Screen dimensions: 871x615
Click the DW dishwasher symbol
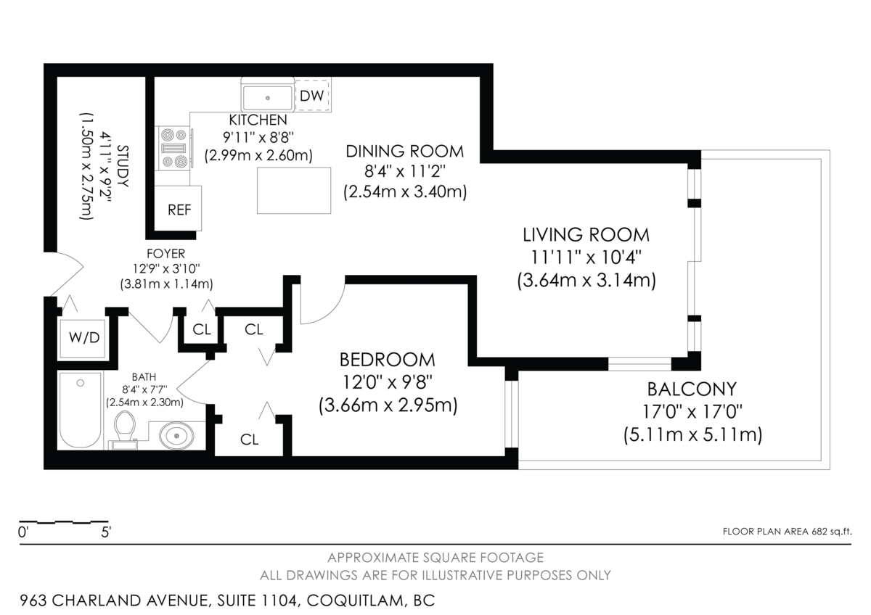tap(312, 96)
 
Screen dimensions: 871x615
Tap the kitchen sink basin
tap(268, 98)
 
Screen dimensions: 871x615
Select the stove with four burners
tap(173, 148)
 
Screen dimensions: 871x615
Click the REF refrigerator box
tap(178, 208)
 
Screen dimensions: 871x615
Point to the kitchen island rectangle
tap(294, 190)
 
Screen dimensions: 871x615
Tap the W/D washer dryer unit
tap(83, 339)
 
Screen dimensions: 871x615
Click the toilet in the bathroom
tap(125, 429)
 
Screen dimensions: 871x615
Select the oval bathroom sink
tap(176, 436)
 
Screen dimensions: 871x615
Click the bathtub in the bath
tap(81, 410)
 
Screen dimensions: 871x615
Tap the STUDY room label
tap(123, 166)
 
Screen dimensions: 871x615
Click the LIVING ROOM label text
tap(586, 235)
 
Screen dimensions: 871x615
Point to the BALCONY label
tap(692, 389)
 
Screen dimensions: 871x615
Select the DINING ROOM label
tap(405, 152)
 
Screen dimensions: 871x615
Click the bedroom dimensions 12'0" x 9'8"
tap(388, 383)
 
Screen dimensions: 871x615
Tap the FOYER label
tap(165, 254)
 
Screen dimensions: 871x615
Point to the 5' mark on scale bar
tap(106, 532)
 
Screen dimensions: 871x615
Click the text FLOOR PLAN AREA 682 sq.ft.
tap(787, 532)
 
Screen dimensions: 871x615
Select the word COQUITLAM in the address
tap(355, 600)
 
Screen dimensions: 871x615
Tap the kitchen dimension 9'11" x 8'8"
tap(258, 137)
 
